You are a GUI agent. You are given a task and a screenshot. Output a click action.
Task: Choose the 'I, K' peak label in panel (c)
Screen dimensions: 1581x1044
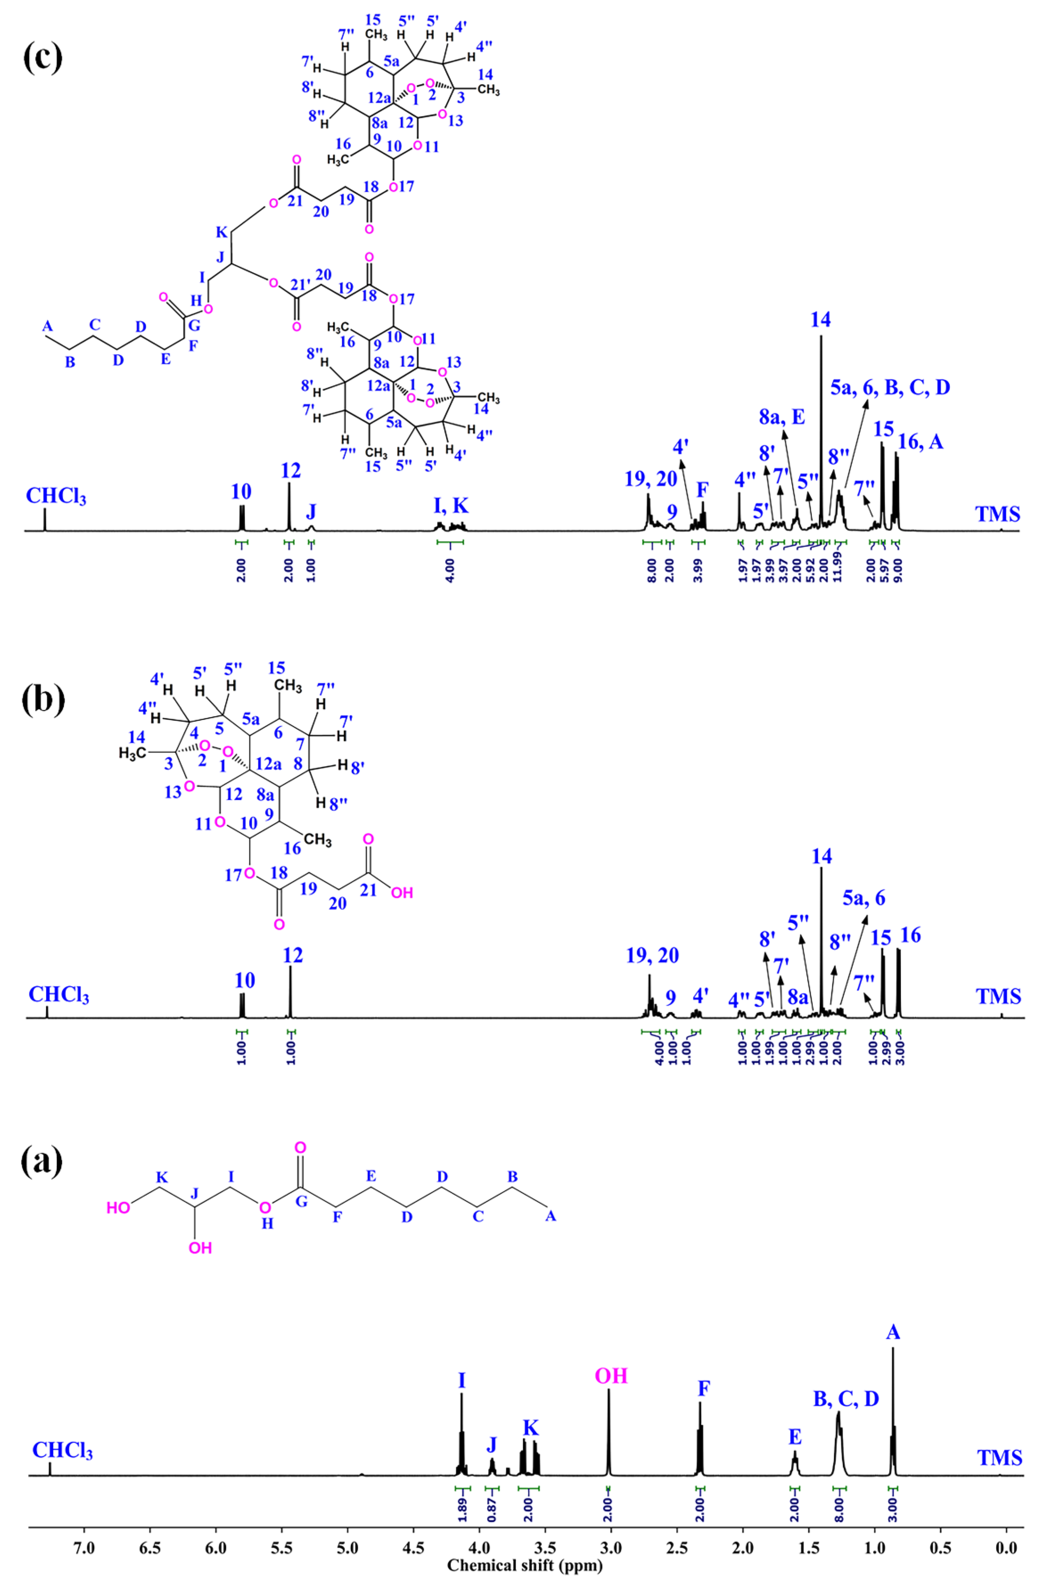click(x=451, y=506)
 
